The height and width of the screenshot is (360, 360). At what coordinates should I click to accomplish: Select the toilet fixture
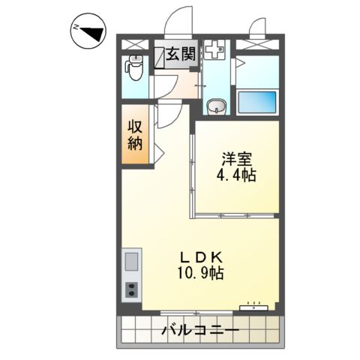[135, 70]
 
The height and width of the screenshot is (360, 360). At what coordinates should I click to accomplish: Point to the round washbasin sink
[216, 106]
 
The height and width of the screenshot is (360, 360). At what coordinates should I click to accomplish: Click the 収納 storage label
[135, 135]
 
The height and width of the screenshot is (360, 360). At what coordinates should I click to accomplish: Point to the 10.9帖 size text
[199, 274]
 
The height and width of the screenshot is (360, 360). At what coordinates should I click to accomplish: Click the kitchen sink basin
[131, 263]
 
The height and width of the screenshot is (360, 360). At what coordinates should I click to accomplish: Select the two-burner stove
[131, 289]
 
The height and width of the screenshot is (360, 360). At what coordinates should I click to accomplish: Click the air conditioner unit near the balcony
[253, 307]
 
